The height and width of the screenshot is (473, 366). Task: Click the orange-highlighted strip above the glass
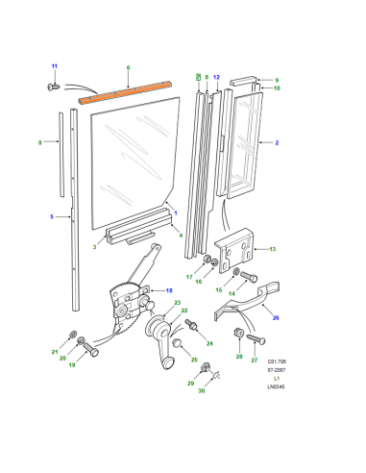point(126,91)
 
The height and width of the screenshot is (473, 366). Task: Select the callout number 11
point(55,66)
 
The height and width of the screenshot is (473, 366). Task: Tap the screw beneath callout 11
point(54,87)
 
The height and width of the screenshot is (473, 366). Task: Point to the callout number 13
point(273,249)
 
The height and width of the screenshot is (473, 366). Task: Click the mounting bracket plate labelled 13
point(235,251)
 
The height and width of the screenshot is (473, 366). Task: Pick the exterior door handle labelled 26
point(247,301)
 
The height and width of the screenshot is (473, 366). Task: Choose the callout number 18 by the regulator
point(169,290)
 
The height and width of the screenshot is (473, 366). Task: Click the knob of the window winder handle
point(168,363)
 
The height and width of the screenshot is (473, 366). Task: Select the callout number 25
point(194,360)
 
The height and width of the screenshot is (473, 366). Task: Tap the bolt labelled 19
point(90,350)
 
